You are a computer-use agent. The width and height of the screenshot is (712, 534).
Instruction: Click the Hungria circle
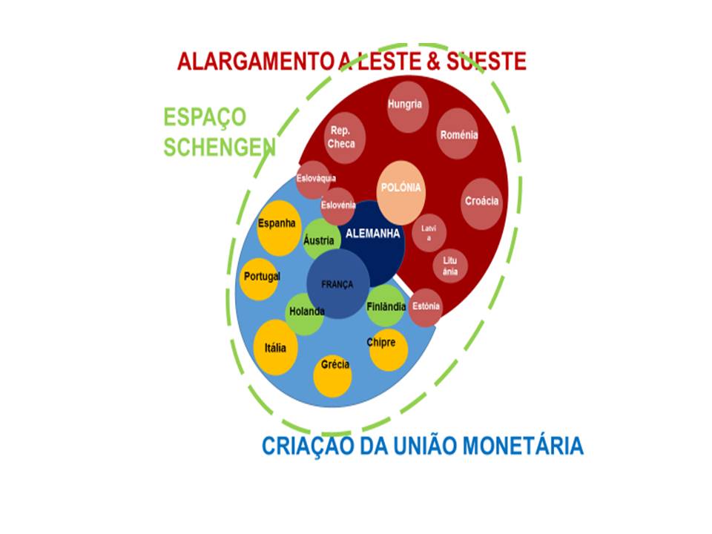click(x=408, y=107)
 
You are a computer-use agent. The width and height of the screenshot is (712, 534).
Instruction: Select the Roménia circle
click(x=458, y=133)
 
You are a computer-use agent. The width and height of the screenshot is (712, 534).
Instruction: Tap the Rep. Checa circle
click(x=345, y=138)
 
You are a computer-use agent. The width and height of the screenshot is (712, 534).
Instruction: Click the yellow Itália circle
click(x=276, y=347)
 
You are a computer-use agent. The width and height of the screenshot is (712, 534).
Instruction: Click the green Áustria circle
click(x=321, y=240)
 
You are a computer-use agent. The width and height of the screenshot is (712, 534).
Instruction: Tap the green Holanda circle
click(x=304, y=314)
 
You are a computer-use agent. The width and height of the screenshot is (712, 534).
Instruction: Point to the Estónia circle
click(x=426, y=308)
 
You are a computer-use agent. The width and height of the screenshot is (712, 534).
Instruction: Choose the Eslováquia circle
click(x=313, y=179)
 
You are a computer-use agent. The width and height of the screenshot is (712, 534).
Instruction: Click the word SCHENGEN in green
click(x=220, y=147)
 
